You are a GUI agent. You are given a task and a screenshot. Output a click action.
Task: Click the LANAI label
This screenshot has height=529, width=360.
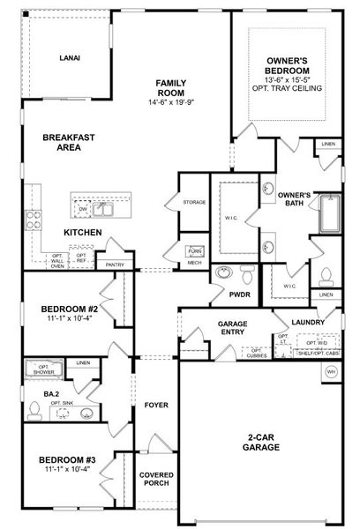pyautogui.click(x=70, y=58)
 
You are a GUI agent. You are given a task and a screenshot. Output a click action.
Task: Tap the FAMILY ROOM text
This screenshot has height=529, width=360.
pyautogui.click(x=169, y=86)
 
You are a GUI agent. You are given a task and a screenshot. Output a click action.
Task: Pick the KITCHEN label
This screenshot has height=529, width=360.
pyautogui.click(x=83, y=232)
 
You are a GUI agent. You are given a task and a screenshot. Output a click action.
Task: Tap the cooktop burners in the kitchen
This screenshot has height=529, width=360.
pyautogui.click(x=34, y=220)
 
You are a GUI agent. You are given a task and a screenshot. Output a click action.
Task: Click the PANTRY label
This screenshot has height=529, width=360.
pyautogui.click(x=114, y=264)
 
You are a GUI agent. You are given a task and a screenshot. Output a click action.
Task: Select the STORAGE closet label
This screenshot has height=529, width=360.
pyautogui.click(x=194, y=202)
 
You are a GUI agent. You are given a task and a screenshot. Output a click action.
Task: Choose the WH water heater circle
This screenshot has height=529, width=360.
pyautogui.click(x=332, y=373)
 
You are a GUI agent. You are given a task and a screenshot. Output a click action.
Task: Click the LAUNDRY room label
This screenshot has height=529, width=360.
pyautogui.click(x=304, y=323)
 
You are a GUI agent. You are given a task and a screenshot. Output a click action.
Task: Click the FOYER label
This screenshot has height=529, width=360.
pyautogui.click(x=156, y=405)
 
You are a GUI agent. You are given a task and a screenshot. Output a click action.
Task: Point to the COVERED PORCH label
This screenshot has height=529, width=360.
pyautogui.click(x=156, y=480)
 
